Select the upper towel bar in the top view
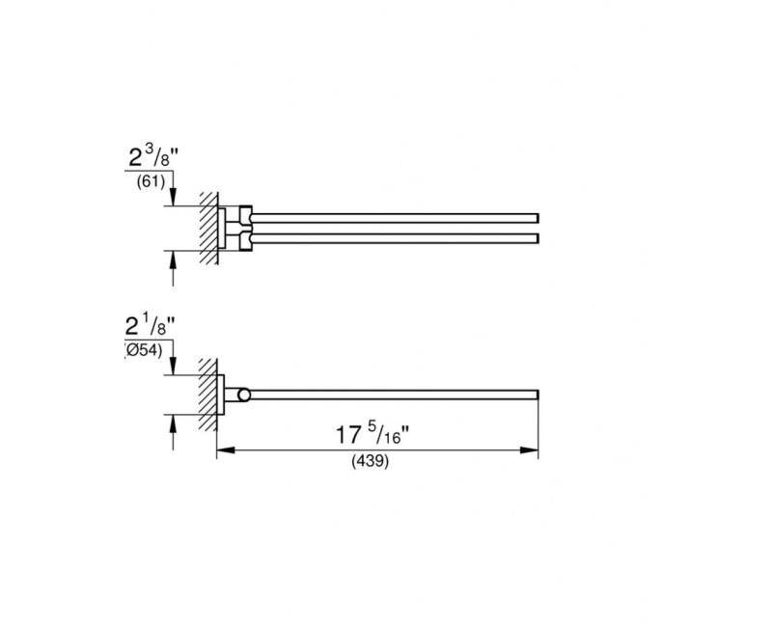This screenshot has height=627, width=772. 396,214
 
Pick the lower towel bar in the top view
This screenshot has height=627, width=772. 396,236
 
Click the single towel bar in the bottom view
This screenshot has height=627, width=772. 396,394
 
